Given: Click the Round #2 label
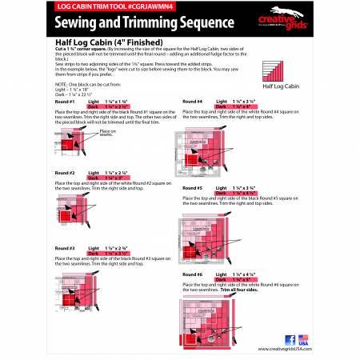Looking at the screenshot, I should (66, 173).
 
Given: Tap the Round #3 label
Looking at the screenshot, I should (66, 248).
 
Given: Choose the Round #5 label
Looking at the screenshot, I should (193, 188).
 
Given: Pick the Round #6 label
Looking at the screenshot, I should (193, 275).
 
